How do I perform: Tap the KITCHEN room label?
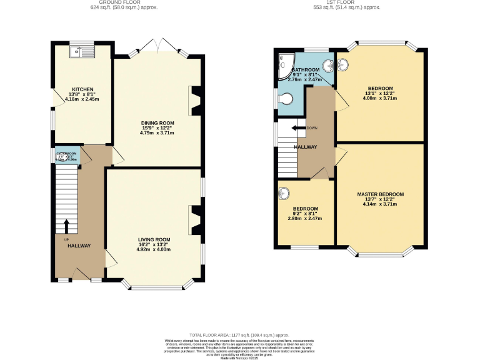pyautogui.click(x=82, y=90)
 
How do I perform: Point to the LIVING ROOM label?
pyautogui.click(x=154, y=239)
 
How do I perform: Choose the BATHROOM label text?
pyautogui.click(x=306, y=69)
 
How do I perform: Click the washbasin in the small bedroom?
pyautogui.click(x=285, y=192)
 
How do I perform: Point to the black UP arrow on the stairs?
pyautogui.click(x=67, y=224)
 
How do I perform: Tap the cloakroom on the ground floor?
pyautogui.click(x=66, y=153)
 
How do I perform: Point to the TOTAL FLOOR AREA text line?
pyautogui.click(x=240, y=335)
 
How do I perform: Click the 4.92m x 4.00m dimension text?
pyautogui.click(x=154, y=249)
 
